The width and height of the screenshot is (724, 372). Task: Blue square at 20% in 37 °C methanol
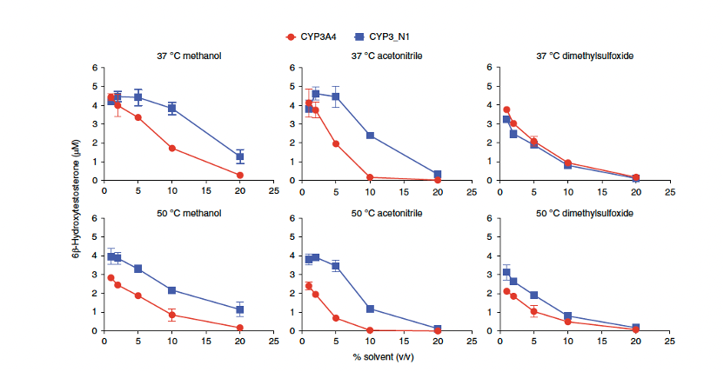[239, 156]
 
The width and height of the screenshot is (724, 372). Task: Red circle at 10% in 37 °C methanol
[172, 149]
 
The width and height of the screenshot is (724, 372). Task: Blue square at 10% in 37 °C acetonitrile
[370, 136]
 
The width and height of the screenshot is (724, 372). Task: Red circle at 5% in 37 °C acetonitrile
[336, 143]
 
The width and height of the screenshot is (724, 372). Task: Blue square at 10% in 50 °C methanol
[172, 290]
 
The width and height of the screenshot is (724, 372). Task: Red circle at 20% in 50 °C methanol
[239, 328]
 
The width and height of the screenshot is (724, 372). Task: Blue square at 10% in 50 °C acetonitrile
[370, 309]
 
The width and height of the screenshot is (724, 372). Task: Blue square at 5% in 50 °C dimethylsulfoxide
[533, 296]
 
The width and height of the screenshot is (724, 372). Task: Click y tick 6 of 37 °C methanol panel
[95, 68]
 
